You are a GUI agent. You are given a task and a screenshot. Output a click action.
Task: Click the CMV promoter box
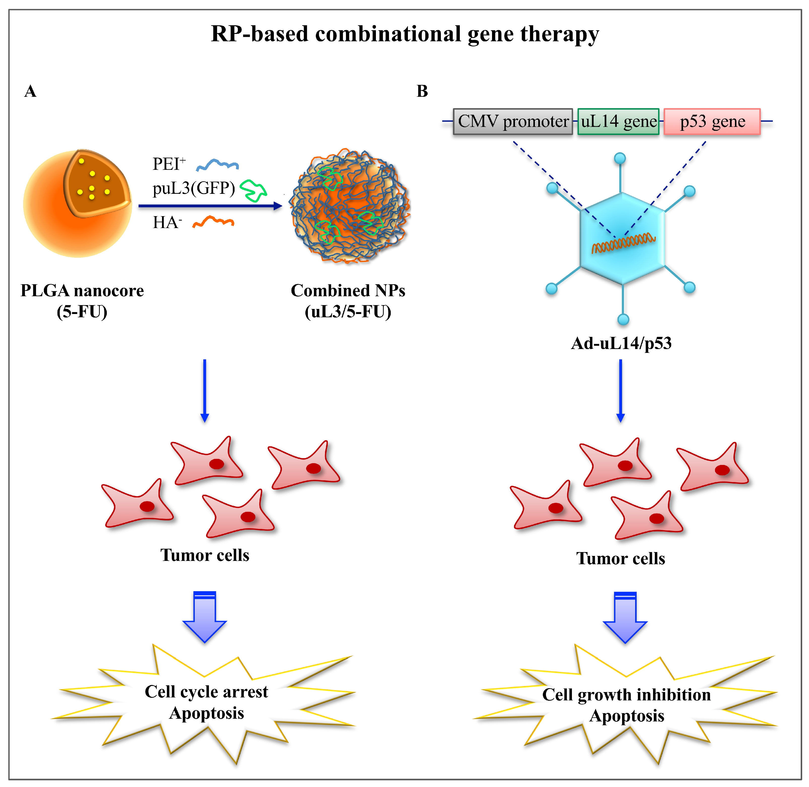pyautogui.click(x=512, y=121)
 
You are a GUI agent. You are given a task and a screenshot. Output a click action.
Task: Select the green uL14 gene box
pyautogui.click(x=618, y=121)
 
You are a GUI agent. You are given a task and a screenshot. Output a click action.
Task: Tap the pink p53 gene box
pyautogui.click(x=712, y=121)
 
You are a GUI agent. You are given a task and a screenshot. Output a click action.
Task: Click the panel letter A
pyautogui.click(x=30, y=91)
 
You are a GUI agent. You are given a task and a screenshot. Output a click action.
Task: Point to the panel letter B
pyautogui.click(x=422, y=91)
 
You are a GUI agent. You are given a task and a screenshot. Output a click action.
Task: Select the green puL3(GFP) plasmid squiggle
pyautogui.click(x=253, y=190)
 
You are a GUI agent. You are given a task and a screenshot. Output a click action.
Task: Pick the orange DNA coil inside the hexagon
pyautogui.click(x=623, y=243)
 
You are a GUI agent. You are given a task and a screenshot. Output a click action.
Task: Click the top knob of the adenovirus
pyautogui.click(x=620, y=158)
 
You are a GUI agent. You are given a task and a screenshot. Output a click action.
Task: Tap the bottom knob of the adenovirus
pyautogui.click(x=623, y=319)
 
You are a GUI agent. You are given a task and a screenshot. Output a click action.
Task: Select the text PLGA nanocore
pyautogui.click(x=82, y=291)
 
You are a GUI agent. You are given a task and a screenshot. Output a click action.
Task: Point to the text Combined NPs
pyautogui.click(x=348, y=291)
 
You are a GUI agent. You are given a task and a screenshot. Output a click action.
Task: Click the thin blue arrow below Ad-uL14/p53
pyautogui.click(x=620, y=391)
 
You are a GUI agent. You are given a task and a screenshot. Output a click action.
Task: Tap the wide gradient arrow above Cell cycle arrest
pyautogui.click(x=205, y=616)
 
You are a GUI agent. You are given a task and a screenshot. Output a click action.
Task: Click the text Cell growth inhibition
pyautogui.click(x=626, y=695)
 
